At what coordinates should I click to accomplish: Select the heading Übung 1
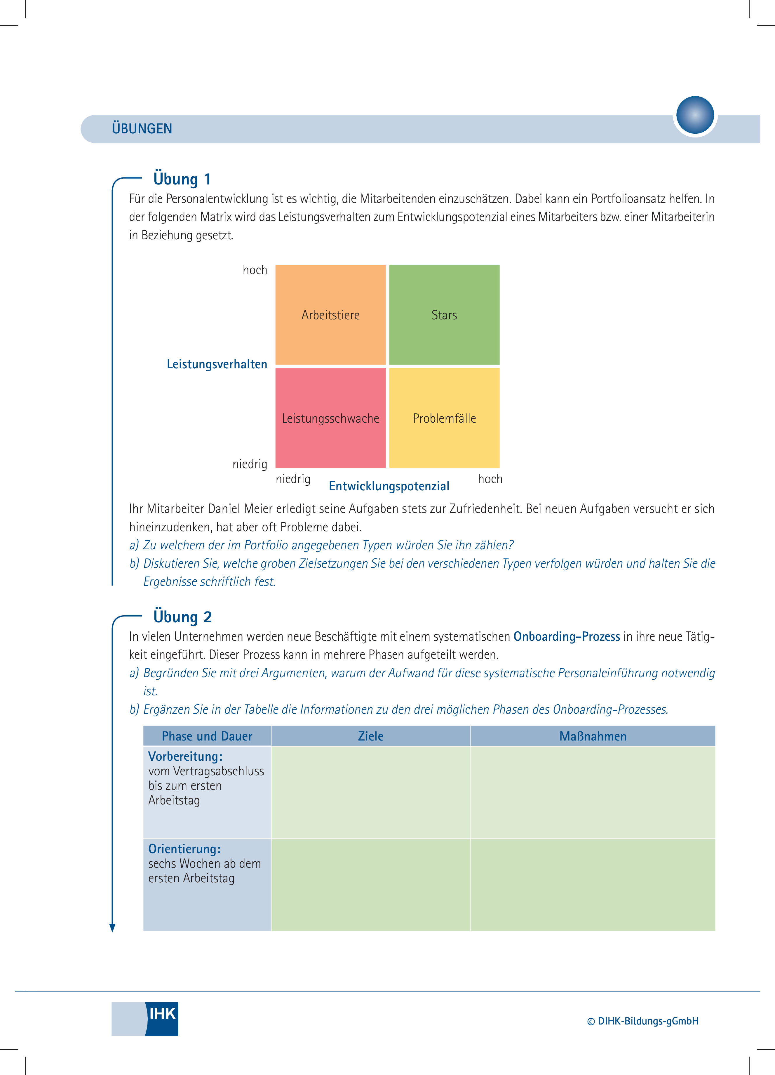tap(182, 179)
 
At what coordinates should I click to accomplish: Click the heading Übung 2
tap(182, 617)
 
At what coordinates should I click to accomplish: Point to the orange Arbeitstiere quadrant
tap(330, 315)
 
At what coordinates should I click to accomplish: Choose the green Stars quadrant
tap(444, 315)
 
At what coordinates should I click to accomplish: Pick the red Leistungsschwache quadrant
tap(330, 418)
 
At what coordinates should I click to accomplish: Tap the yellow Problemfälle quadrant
tap(444, 418)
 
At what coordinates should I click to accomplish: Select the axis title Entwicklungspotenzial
tap(389, 486)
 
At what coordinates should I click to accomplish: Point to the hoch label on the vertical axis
tap(255, 270)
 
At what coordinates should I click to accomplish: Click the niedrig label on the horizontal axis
tap(293, 479)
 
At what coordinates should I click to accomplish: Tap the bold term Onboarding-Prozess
tap(567, 637)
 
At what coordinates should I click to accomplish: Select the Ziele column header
tap(371, 736)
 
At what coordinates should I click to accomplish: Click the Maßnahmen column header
tap(593, 736)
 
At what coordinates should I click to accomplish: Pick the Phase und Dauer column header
tap(207, 736)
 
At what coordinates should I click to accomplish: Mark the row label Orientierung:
tap(184, 848)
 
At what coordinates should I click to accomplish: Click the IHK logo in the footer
tap(145, 1019)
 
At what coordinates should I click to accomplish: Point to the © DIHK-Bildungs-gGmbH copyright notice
tap(643, 1021)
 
